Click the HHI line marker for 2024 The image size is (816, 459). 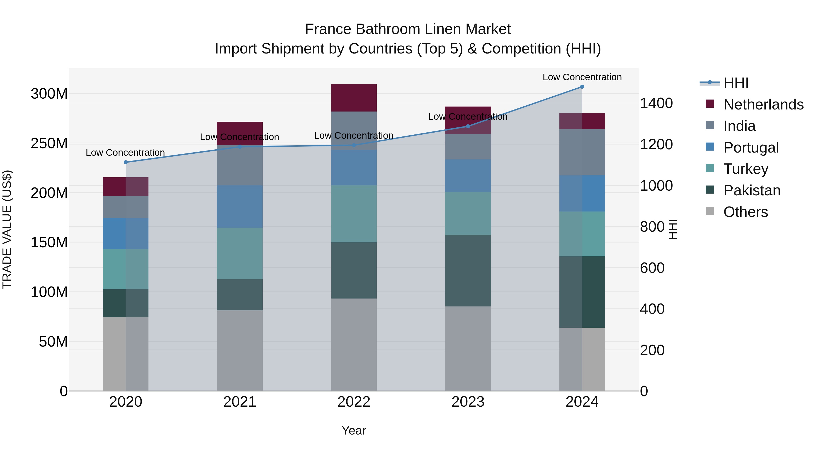click(x=582, y=87)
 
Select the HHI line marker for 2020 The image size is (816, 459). click(x=126, y=162)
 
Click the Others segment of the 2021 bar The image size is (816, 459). click(x=240, y=350)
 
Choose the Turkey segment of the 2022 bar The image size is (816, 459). click(x=354, y=214)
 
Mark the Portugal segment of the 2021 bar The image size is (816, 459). click(x=240, y=206)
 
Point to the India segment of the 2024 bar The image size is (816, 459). click(x=582, y=152)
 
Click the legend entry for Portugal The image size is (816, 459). click(x=751, y=148)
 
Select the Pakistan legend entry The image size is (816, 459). click(x=752, y=190)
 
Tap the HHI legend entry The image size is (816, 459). click(x=736, y=83)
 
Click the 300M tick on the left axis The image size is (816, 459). click(x=49, y=94)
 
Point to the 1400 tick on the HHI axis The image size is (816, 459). click(x=656, y=103)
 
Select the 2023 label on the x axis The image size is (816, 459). click(x=468, y=402)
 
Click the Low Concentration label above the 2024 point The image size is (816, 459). click(x=582, y=77)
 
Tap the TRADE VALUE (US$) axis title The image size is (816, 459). click(x=7, y=229)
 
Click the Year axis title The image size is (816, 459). click(x=354, y=430)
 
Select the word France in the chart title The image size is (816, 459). click(x=328, y=29)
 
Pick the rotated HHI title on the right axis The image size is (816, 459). click(x=673, y=229)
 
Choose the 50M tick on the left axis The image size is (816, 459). click(x=53, y=342)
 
